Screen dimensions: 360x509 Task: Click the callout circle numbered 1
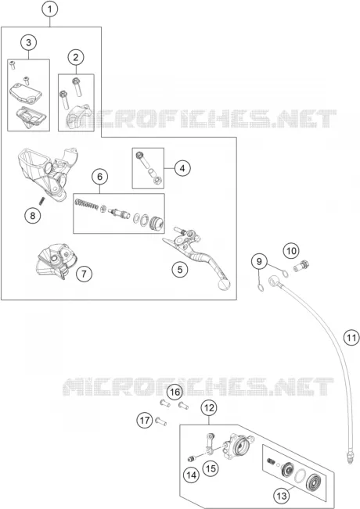coord(50,9)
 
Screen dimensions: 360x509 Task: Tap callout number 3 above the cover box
coord(29,42)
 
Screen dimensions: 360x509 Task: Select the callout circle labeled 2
coord(76,57)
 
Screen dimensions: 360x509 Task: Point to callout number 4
coord(182,168)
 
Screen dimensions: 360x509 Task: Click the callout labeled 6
coord(99,176)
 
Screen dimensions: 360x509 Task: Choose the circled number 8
coord(33,215)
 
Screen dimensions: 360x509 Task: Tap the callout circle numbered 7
coord(85,274)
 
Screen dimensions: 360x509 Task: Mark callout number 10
coord(291,251)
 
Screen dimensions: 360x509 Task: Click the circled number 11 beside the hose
coord(351,338)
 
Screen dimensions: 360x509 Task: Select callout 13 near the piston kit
coord(282,496)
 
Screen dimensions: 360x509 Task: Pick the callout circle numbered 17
coord(145,421)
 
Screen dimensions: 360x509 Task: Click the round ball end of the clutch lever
coord(224,285)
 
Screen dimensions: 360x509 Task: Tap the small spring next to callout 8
coord(41,201)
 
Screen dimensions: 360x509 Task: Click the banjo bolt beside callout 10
coord(301,266)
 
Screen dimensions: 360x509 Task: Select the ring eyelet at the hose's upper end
coord(274,281)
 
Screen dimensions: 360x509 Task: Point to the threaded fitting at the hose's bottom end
coord(349,457)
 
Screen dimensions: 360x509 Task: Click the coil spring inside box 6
coord(86,204)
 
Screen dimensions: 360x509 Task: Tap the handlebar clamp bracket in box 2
coord(78,116)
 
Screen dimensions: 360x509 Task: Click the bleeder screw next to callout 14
coord(193,459)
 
